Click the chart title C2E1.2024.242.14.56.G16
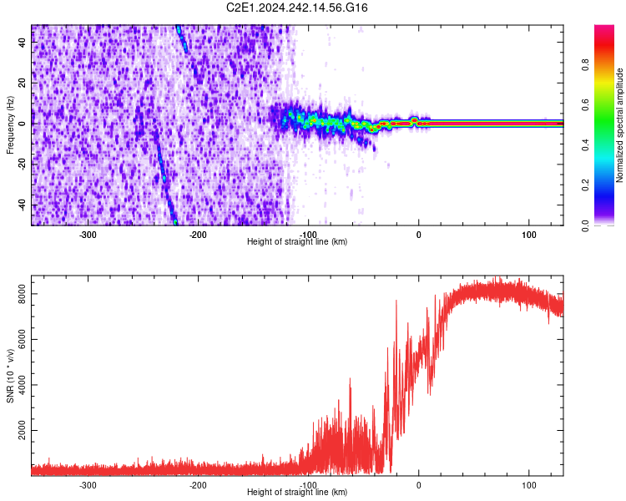[297, 8]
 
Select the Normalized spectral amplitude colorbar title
[620, 125]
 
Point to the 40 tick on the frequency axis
[23, 43]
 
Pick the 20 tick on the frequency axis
[23, 83]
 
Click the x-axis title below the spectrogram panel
[297, 242]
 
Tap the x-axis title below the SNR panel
[297, 493]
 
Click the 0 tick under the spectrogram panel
[419, 235]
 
